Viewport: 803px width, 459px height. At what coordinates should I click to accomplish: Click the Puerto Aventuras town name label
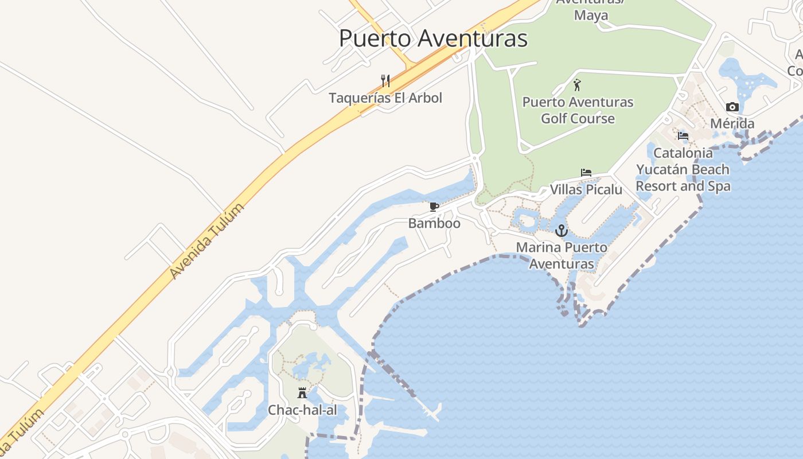[x=433, y=38]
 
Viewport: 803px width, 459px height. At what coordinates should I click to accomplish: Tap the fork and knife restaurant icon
[x=385, y=80]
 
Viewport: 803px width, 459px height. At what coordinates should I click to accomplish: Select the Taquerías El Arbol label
[x=385, y=98]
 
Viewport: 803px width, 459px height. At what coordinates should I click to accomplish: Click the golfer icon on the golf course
[x=577, y=85]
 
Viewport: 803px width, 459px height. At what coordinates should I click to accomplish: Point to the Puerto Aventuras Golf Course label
[x=578, y=110]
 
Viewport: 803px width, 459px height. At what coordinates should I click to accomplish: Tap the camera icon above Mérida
[x=732, y=107]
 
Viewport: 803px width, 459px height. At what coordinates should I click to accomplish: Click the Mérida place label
[x=732, y=123]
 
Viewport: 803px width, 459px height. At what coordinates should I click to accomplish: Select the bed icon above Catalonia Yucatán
[x=683, y=136]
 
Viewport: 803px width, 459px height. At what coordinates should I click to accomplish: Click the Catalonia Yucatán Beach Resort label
[x=683, y=169]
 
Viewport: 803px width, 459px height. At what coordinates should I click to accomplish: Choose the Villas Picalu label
[x=586, y=189]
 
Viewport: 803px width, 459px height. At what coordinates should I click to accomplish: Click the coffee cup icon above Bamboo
[x=434, y=207]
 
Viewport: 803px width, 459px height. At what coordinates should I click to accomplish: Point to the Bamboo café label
[x=434, y=223]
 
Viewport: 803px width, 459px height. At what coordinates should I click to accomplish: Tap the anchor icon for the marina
[x=562, y=231]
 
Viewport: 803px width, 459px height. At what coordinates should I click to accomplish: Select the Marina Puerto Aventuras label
[x=562, y=255]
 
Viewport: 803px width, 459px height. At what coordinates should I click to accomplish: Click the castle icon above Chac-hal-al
[x=302, y=393]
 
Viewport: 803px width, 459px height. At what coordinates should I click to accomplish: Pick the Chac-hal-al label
[x=302, y=410]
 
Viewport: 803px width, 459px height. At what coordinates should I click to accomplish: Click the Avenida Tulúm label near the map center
[x=207, y=241]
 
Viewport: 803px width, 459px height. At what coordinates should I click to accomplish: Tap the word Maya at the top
[x=591, y=15]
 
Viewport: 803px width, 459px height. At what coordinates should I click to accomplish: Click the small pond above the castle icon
[x=310, y=366]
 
